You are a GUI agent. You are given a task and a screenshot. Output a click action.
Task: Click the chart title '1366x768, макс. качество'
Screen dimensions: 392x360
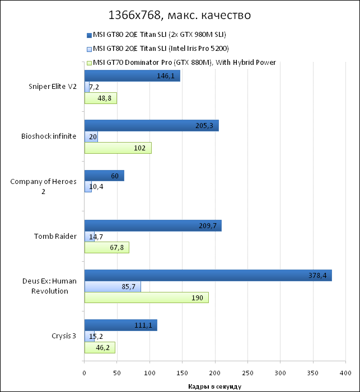180,15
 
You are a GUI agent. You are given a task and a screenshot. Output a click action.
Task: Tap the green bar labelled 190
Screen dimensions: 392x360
146,297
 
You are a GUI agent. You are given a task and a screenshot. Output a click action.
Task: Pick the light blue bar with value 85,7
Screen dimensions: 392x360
113,286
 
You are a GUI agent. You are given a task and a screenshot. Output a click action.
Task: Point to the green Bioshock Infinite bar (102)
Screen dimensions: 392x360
118,148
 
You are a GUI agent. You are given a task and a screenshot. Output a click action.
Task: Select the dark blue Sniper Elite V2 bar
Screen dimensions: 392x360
132,76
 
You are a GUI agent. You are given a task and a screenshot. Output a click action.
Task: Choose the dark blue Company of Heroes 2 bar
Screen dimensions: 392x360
104,176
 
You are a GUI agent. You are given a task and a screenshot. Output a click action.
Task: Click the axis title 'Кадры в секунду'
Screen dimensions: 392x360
214,386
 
